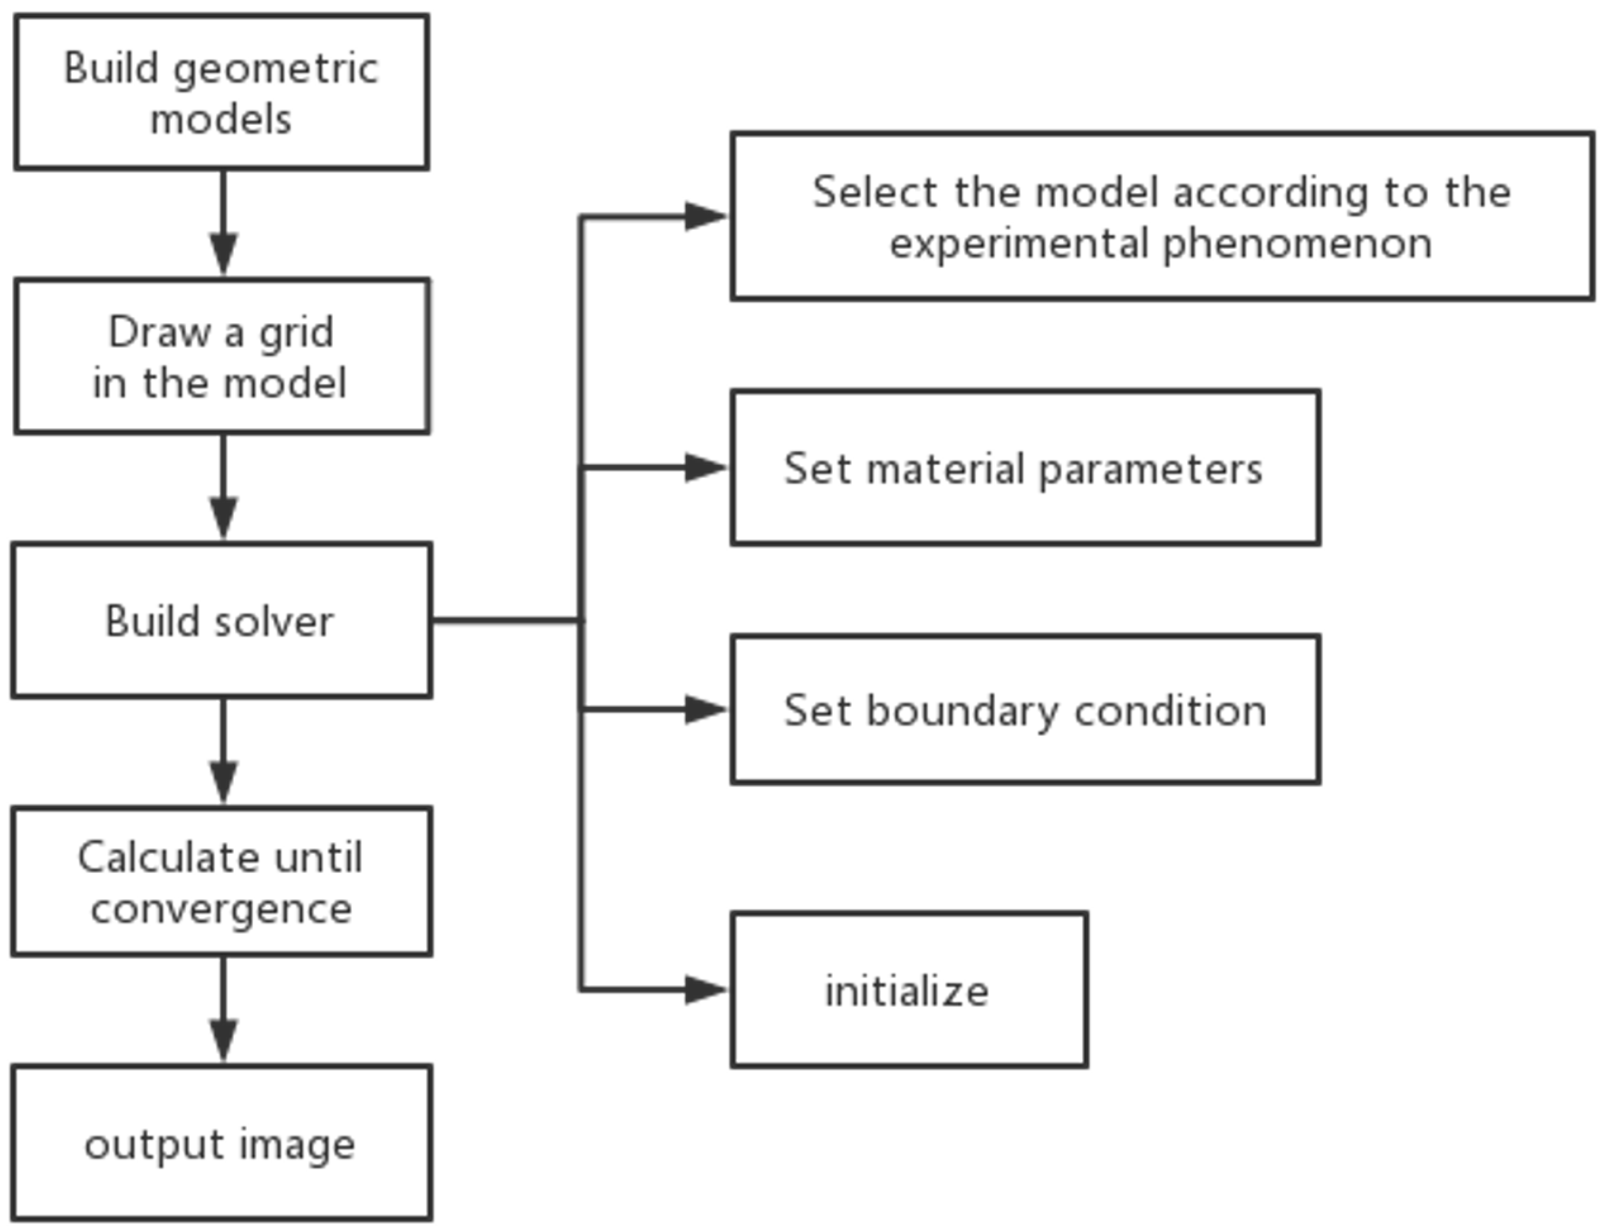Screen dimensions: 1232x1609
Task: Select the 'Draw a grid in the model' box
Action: (x=222, y=356)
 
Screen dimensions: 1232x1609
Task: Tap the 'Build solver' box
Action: (x=222, y=621)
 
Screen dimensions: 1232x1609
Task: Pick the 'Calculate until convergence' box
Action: (x=222, y=881)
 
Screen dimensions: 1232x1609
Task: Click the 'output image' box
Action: (x=222, y=1144)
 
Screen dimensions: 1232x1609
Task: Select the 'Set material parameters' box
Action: (x=1025, y=468)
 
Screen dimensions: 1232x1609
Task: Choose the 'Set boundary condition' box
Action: (x=1025, y=710)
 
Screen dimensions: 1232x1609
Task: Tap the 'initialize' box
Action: (x=908, y=990)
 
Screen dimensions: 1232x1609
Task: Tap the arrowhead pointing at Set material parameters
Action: (x=704, y=468)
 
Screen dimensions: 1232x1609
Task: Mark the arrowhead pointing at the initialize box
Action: (x=704, y=990)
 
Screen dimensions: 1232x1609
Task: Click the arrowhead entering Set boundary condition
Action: (x=704, y=710)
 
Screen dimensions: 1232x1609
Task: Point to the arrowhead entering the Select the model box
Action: (x=704, y=216)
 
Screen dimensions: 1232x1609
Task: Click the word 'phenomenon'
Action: (x=1297, y=244)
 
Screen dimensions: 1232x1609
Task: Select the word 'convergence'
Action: (x=222, y=909)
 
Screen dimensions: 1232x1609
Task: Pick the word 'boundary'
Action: (x=962, y=711)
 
